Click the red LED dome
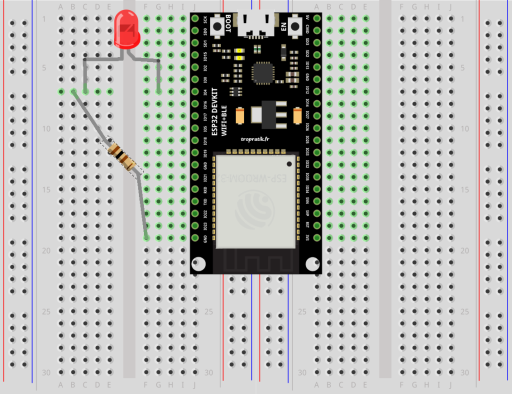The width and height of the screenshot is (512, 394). (126, 29)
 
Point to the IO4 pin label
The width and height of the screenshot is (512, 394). (205, 92)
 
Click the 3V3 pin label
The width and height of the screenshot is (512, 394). (307, 238)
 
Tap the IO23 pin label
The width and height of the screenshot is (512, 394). (205, 226)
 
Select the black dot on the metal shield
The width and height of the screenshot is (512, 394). (289, 163)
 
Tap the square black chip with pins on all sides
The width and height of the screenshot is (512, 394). (263, 73)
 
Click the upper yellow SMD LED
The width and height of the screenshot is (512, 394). (240, 51)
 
